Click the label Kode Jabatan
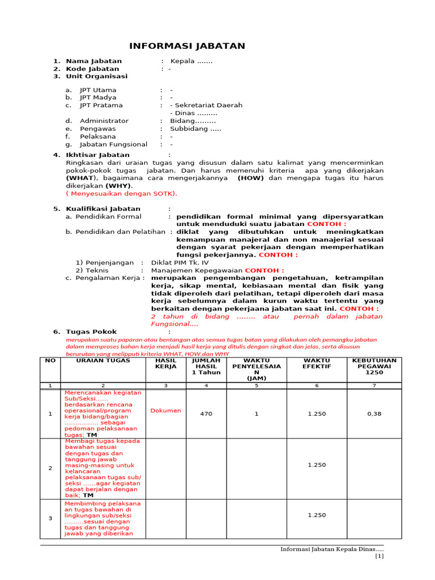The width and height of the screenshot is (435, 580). coord(92,69)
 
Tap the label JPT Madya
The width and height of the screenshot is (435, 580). coord(98,97)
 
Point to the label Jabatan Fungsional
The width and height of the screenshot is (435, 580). coord(113,144)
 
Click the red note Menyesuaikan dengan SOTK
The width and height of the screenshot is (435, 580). coord(122,193)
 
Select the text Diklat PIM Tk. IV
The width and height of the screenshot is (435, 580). coord(180,262)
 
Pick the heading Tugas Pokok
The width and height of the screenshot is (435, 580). coord(91,331)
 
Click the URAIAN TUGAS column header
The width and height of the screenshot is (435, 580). coord(103,360)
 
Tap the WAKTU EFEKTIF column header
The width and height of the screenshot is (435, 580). coord(317,364)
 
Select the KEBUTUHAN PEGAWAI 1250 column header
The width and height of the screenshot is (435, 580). coord(374,366)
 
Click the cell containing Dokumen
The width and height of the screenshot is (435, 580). coord(165,411)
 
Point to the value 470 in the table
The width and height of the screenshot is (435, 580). coord(206,414)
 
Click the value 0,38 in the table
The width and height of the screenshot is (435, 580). coord(374,414)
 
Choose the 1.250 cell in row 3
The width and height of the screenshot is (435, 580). coord(317,515)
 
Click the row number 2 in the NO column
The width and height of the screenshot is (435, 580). coord(50,468)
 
